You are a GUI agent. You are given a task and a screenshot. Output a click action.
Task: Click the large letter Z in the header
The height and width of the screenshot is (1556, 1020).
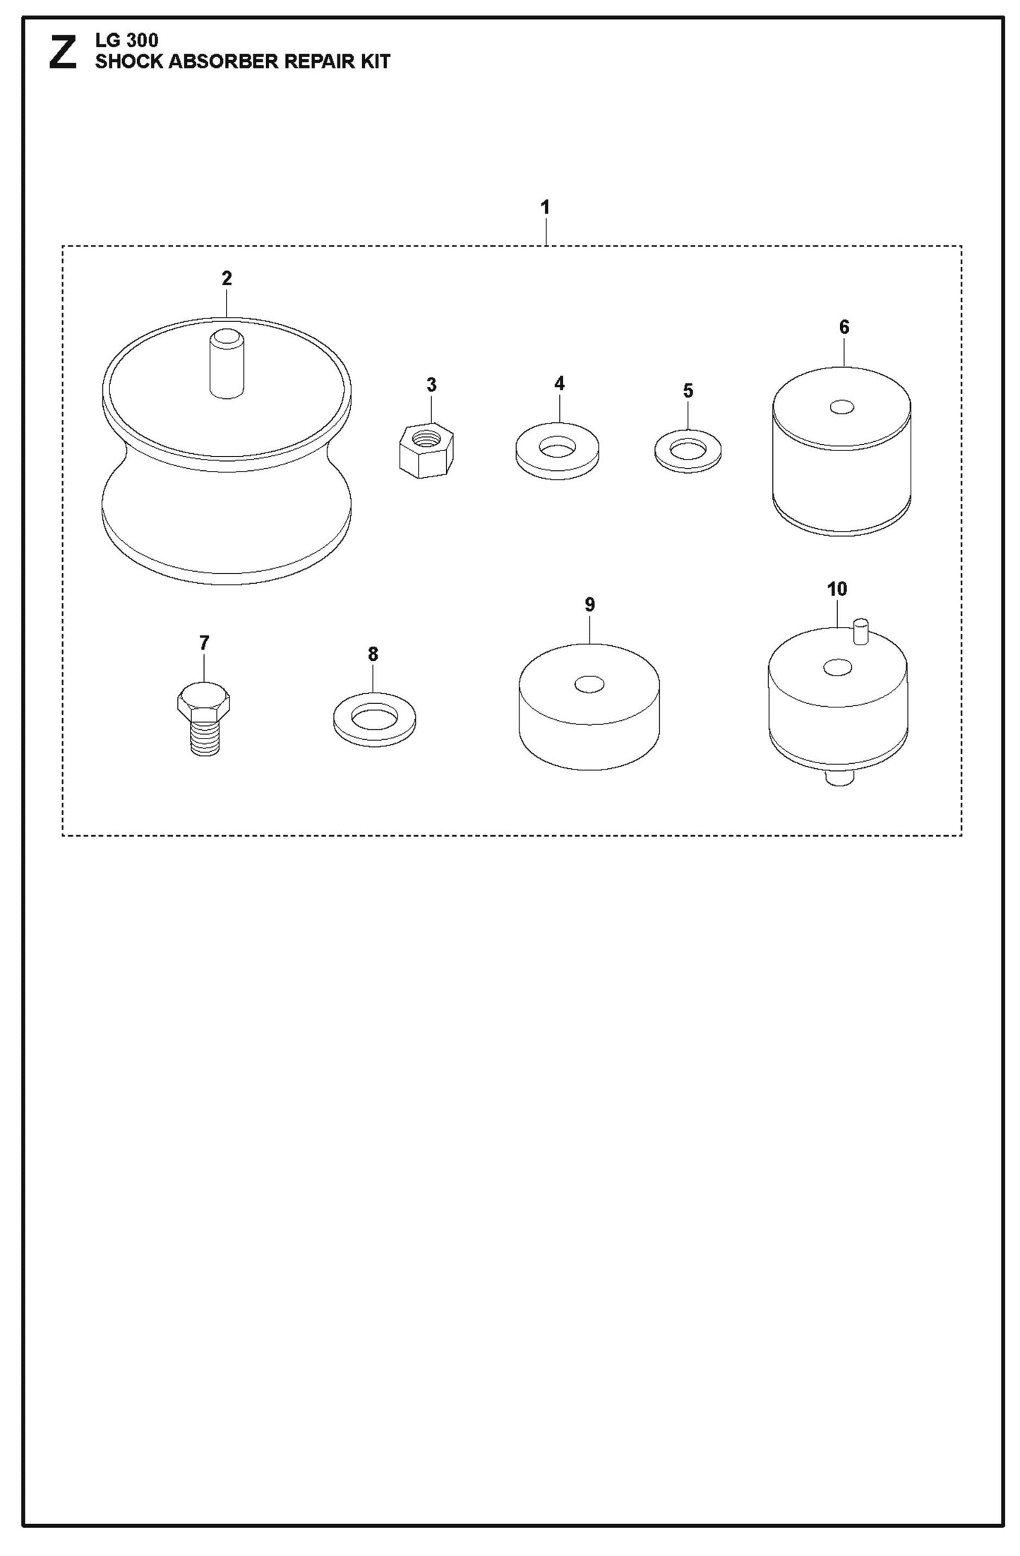(x=63, y=54)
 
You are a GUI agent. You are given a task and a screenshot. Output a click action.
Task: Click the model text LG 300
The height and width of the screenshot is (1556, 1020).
(x=127, y=41)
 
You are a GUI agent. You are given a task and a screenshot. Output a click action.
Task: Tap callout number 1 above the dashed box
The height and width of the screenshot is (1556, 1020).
(x=545, y=208)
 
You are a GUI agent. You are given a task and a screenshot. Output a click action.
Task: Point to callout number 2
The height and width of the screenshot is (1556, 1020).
(x=227, y=278)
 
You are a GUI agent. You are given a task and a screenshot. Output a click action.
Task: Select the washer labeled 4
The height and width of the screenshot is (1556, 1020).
(x=557, y=451)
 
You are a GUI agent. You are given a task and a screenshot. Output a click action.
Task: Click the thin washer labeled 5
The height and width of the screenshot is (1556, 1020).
(x=688, y=450)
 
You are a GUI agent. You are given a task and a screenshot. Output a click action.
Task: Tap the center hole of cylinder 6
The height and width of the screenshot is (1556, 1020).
(x=842, y=407)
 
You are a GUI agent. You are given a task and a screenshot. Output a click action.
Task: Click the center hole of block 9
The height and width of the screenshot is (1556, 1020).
(x=589, y=684)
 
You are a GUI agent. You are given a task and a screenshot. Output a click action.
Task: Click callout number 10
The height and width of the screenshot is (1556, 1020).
(x=836, y=589)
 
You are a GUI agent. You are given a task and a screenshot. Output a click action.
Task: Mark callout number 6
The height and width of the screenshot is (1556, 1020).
(x=844, y=327)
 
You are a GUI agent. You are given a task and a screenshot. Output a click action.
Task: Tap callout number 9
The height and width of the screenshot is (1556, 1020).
(x=590, y=604)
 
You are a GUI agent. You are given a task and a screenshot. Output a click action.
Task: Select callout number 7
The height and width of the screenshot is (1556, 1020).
(x=204, y=643)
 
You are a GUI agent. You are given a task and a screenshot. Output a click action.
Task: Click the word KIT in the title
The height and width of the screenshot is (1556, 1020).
(x=375, y=61)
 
